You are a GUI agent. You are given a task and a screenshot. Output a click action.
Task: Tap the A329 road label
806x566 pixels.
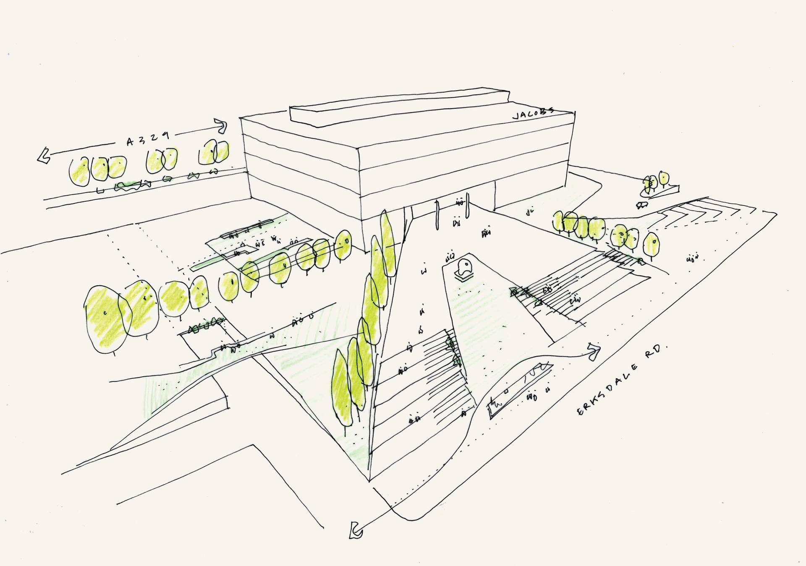(x=148, y=138)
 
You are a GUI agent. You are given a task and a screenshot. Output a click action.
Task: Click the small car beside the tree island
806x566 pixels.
(x=641, y=205)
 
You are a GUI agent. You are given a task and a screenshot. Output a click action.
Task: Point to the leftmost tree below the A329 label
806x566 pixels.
(x=79, y=172)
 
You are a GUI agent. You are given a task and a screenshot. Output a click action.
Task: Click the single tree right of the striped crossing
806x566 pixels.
(x=651, y=246)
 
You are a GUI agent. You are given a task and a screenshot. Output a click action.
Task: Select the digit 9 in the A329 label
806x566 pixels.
(x=166, y=136)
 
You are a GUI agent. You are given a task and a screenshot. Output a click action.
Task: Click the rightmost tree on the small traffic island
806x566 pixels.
(x=664, y=178)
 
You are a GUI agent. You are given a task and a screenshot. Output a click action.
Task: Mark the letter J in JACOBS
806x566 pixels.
(x=516, y=117)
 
